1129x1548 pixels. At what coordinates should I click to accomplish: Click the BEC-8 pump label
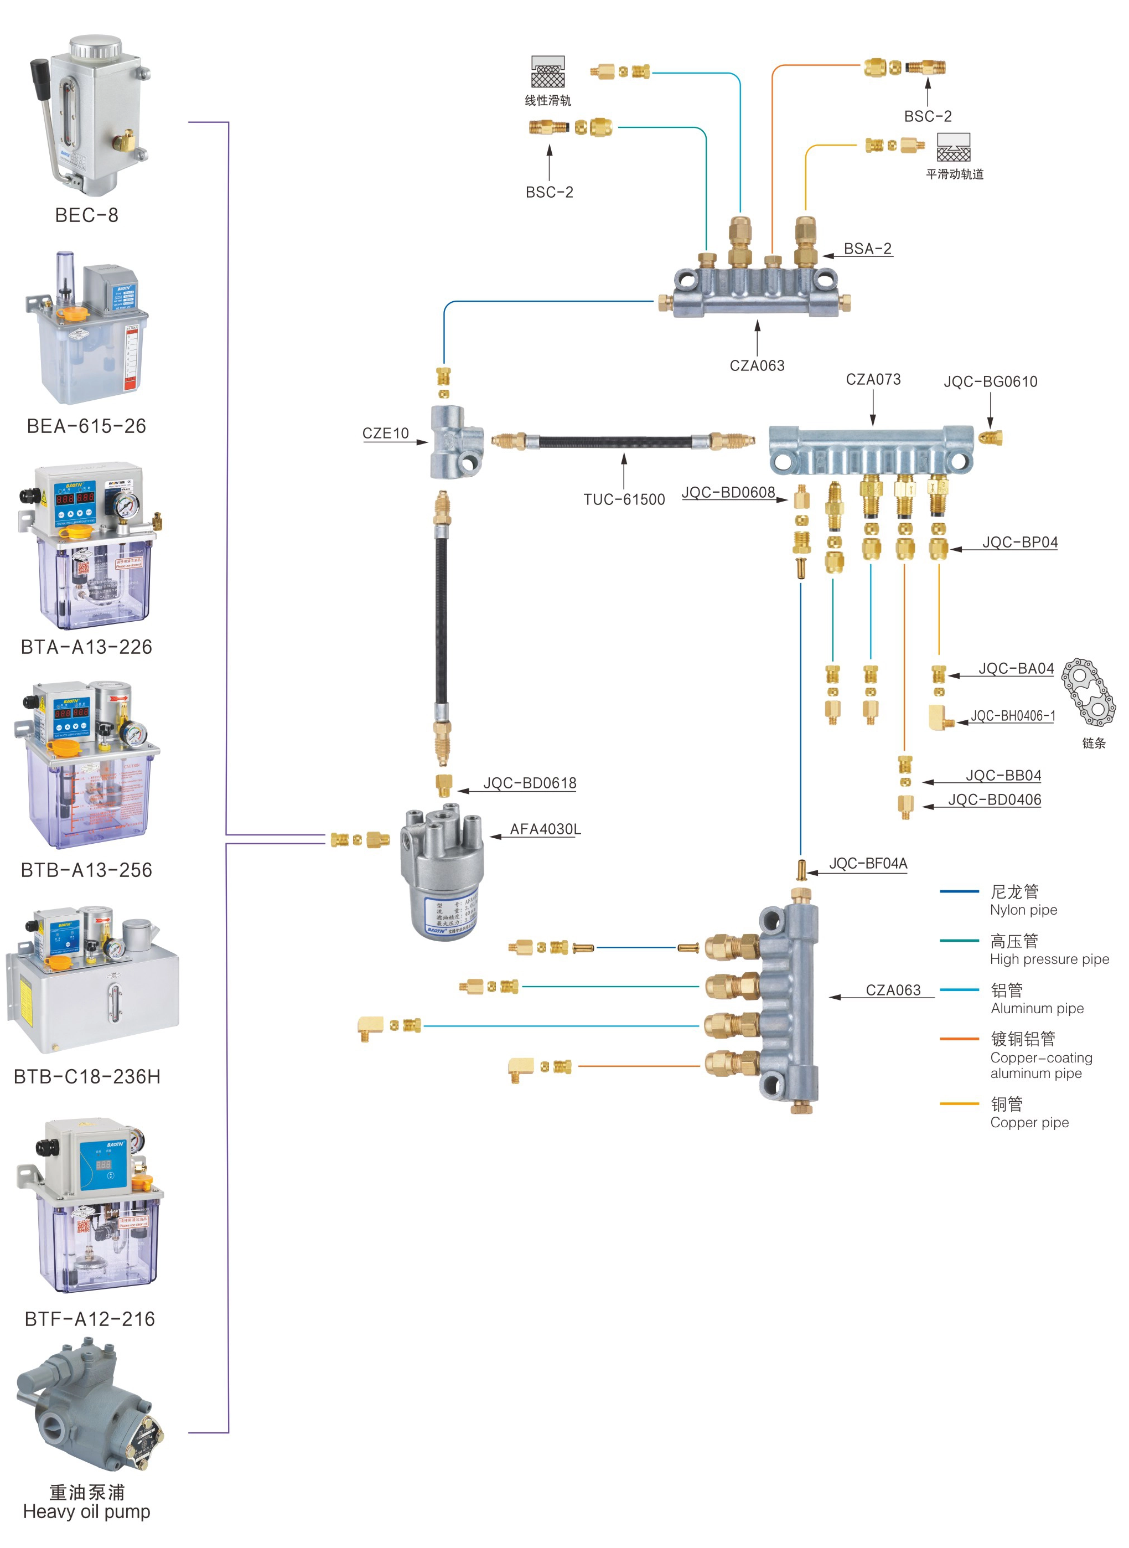86,215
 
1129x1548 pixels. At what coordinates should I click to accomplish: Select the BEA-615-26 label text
86,426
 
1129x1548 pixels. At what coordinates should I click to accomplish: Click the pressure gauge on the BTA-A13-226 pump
126,507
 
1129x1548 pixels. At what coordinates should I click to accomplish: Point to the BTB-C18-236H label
87,1077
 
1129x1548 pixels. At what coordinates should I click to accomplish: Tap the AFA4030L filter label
545,829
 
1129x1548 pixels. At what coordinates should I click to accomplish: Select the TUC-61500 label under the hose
623,500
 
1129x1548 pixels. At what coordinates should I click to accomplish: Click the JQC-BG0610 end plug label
990,381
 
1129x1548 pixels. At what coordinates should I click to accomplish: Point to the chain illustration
1088,692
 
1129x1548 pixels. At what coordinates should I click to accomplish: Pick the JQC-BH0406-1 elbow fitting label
1012,716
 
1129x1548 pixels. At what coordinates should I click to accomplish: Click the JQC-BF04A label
868,864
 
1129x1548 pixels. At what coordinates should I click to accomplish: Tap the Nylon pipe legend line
959,891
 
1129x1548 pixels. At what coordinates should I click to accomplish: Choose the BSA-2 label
867,249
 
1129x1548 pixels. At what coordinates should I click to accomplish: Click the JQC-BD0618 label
530,783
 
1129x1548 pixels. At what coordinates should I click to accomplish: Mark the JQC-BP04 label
1019,542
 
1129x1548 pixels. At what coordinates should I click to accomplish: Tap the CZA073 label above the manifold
873,379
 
